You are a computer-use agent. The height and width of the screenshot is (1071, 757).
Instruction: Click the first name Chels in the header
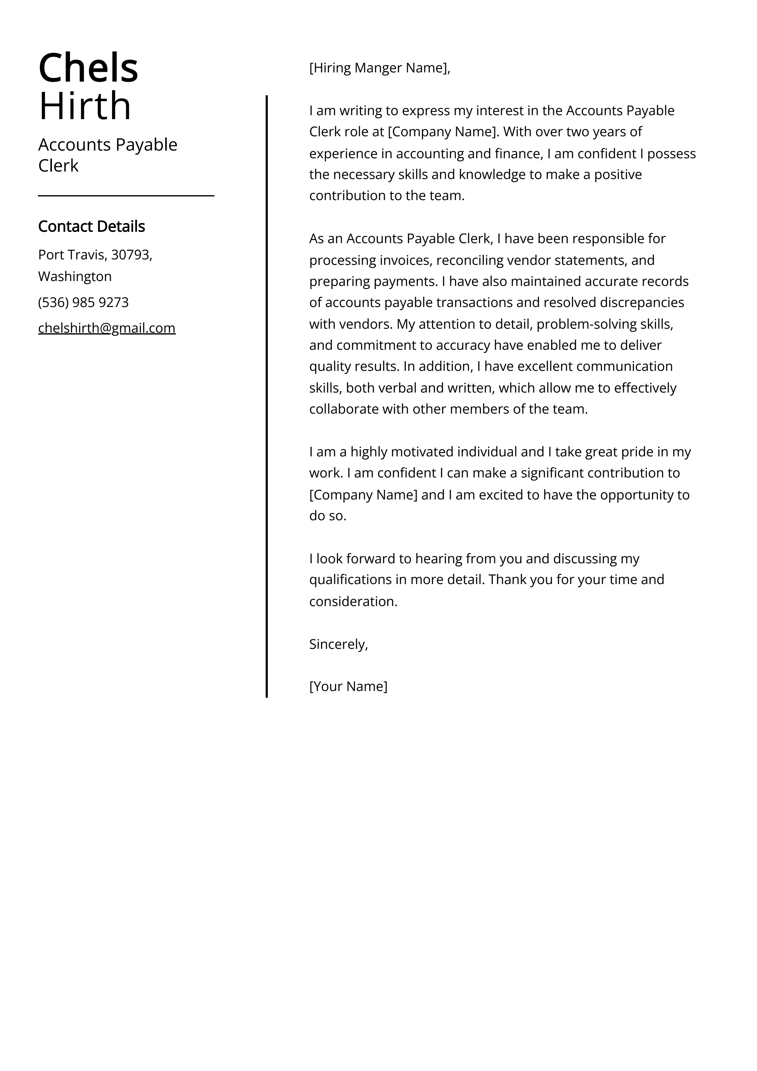coord(88,68)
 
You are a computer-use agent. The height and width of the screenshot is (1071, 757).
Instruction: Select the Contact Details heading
coord(91,226)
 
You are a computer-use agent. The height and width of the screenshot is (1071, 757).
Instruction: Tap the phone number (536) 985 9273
coord(83,302)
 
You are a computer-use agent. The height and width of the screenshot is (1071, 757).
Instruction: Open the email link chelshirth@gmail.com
coord(107,328)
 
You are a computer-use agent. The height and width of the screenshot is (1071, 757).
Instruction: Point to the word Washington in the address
coord(75,276)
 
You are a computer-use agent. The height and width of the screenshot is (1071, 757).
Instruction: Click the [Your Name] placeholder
coord(348,686)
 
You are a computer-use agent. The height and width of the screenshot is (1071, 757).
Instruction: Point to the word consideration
coord(353,601)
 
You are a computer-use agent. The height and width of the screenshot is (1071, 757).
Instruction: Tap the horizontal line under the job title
coord(126,196)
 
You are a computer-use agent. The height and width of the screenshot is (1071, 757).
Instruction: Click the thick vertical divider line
coord(267,397)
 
